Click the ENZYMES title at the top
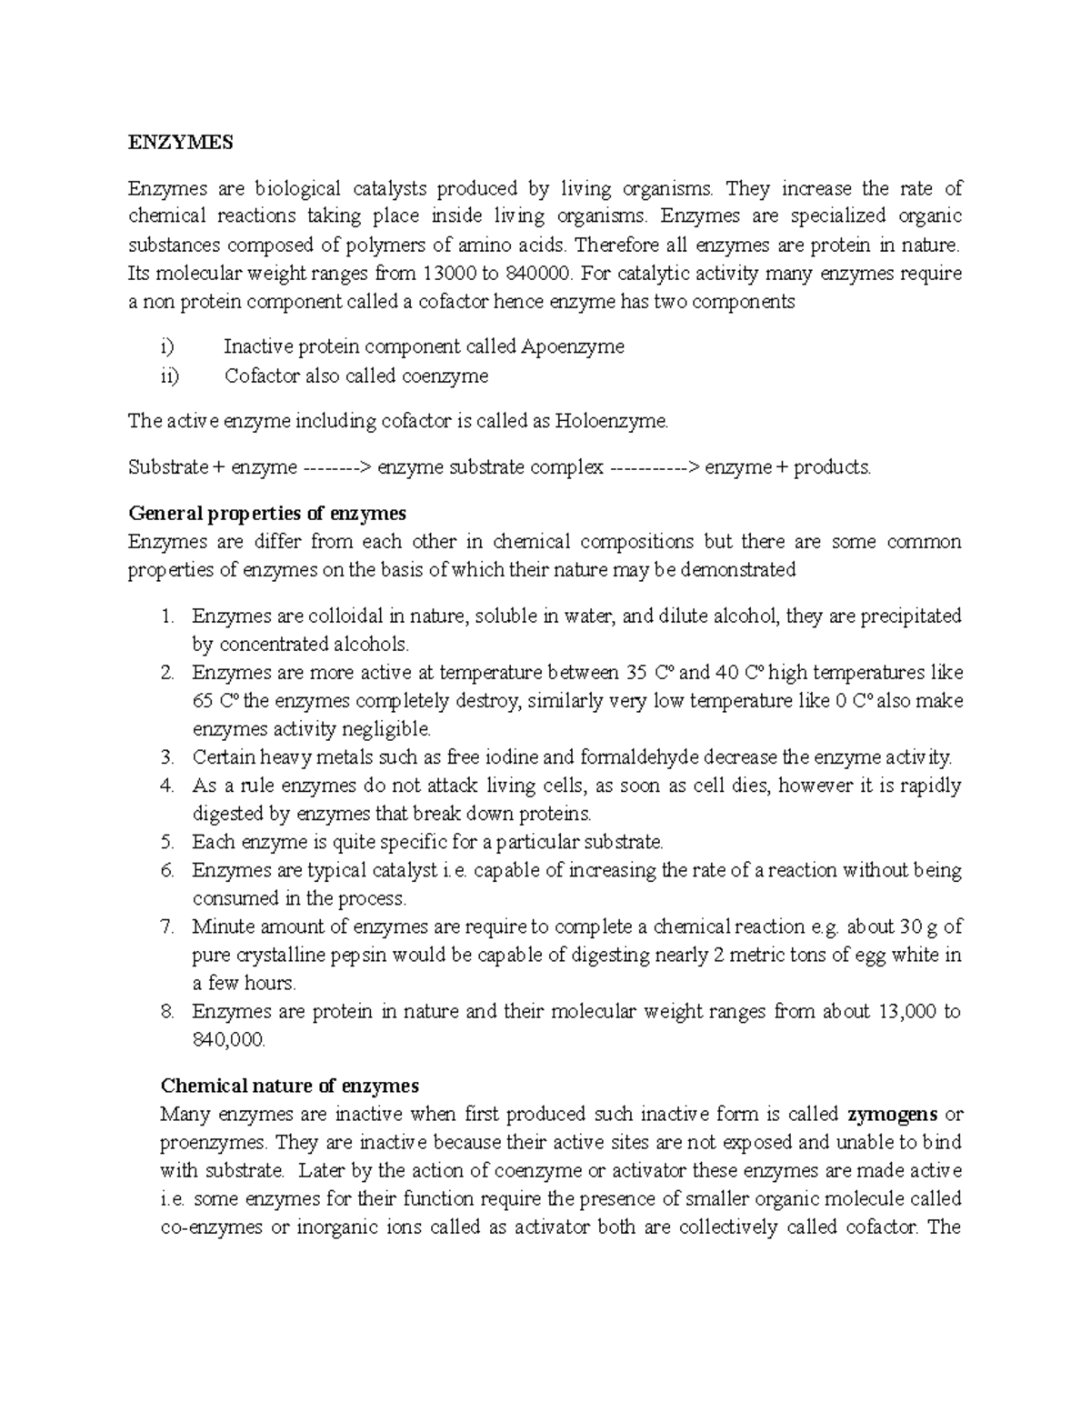click(x=180, y=143)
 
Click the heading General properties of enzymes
click(x=266, y=514)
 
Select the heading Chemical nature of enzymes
click(x=289, y=1086)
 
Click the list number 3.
click(x=166, y=757)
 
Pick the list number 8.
click(x=166, y=1012)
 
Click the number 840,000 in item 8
click(x=228, y=1040)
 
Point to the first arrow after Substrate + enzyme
click(x=336, y=468)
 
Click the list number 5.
click(x=166, y=842)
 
